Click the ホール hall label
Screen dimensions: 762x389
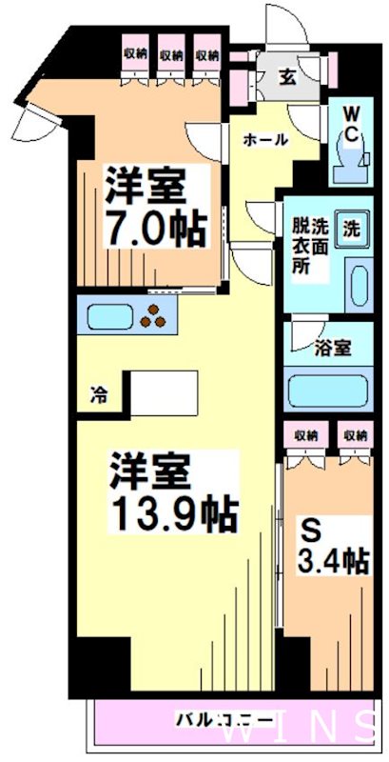(x=265, y=140)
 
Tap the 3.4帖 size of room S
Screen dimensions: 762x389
(x=335, y=560)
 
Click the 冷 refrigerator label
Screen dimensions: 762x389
(x=99, y=393)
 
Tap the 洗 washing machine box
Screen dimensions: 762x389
(x=351, y=229)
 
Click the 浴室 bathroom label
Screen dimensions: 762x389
(x=333, y=350)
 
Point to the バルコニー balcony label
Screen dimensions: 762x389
(x=224, y=719)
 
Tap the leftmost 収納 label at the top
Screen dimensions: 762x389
(x=136, y=54)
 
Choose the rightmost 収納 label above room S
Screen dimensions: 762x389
(x=355, y=434)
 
